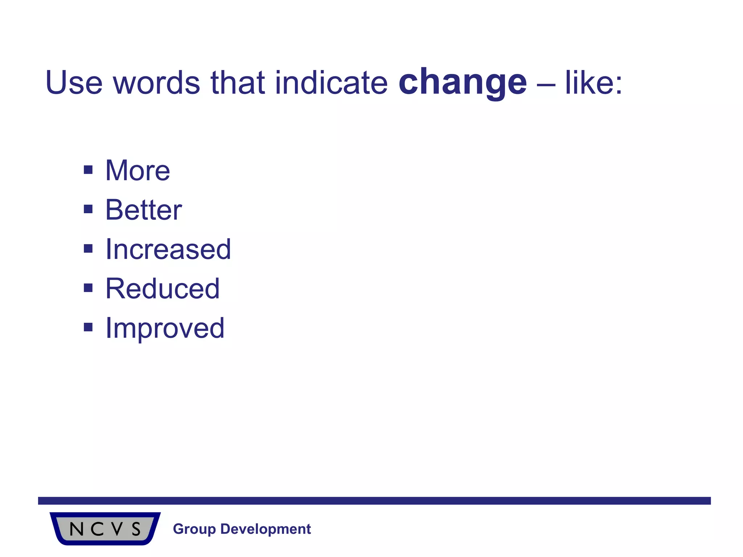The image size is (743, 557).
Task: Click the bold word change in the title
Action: [x=463, y=83]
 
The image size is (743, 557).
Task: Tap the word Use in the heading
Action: [x=74, y=83]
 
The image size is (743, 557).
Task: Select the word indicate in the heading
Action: [x=331, y=83]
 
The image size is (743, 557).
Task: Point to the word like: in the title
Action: [x=594, y=83]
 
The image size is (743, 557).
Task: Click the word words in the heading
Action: [x=156, y=83]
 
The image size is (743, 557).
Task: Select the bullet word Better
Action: [x=144, y=210]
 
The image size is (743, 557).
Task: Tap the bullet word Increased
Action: [x=168, y=249]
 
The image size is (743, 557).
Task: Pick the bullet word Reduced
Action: [x=163, y=289]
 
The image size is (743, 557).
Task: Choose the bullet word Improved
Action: [x=165, y=329]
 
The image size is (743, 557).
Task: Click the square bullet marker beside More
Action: [x=88, y=170]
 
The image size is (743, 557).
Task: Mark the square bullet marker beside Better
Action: [x=88, y=209]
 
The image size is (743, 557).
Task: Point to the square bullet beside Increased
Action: [x=88, y=249]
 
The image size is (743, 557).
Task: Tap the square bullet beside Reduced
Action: [x=88, y=288]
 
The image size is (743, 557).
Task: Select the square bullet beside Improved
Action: [x=88, y=327]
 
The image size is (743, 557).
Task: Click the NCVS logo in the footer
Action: [x=105, y=529]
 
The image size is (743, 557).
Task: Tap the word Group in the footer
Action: [x=194, y=529]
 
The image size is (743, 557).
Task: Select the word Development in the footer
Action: [x=266, y=529]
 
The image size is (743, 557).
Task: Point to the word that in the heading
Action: [x=238, y=83]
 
